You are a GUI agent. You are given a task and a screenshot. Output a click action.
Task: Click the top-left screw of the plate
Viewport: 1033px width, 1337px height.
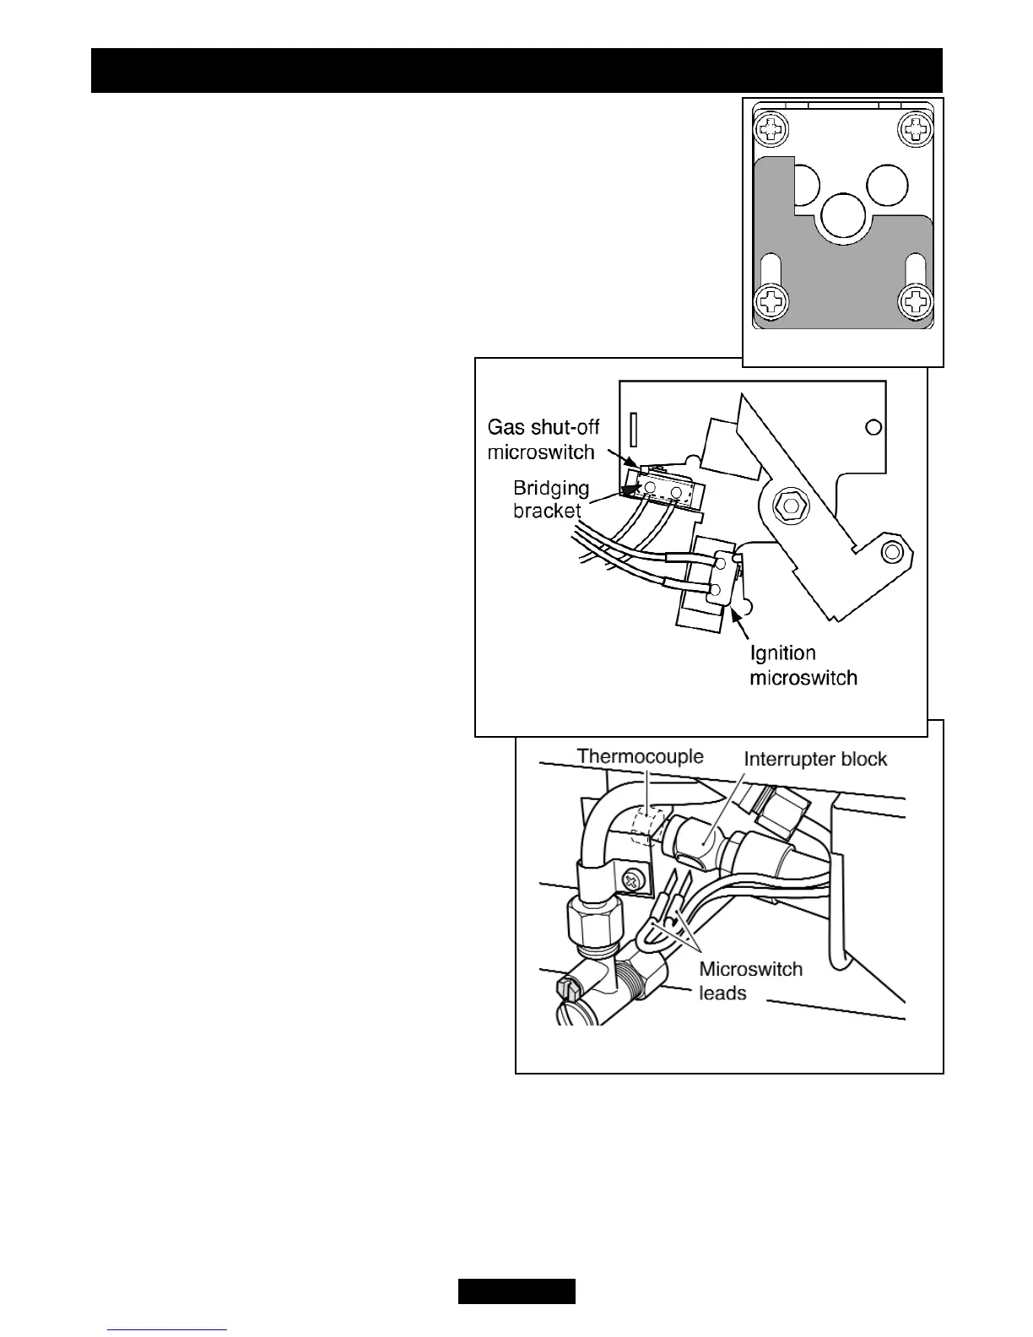click(773, 129)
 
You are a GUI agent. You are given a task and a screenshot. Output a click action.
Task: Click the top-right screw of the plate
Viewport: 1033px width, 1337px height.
click(916, 129)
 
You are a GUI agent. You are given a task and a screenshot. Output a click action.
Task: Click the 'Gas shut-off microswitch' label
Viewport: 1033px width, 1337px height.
click(544, 439)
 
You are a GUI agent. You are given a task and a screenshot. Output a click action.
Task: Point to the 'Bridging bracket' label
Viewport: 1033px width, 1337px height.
click(551, 500)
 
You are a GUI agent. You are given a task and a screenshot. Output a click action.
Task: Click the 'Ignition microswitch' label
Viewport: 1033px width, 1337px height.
click(803, 665)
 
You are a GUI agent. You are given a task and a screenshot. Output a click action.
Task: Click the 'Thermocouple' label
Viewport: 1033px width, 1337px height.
click(640, 755)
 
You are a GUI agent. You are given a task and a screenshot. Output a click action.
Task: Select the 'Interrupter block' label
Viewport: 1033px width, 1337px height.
click(815, 759)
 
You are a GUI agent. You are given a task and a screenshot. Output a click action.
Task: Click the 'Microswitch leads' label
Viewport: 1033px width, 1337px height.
click(750, 981)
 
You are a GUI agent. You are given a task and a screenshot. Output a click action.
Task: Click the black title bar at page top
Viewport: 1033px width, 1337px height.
click(516, 70)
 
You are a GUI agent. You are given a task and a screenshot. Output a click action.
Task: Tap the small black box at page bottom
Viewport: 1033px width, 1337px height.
click(516, 1291)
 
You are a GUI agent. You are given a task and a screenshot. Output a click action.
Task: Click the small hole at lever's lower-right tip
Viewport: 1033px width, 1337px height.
click(890, 552)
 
